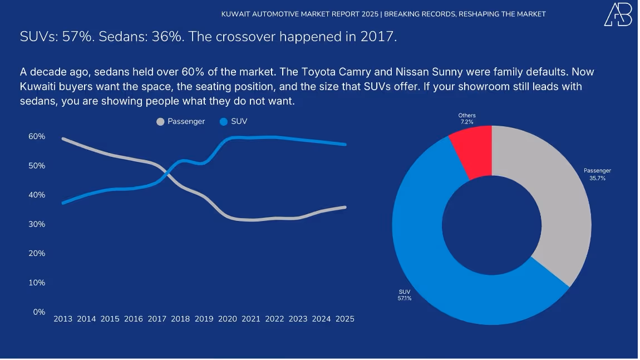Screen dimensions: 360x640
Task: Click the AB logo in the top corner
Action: point(618,14)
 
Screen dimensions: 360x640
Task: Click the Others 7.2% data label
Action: point(467,119)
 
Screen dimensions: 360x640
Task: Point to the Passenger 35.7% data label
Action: point(597,175)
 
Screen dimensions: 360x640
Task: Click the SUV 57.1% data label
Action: point(405,295)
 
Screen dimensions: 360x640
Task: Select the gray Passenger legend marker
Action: point(161,121)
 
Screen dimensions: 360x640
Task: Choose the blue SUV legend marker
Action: point(224,121)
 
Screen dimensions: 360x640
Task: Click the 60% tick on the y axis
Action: point(37,136)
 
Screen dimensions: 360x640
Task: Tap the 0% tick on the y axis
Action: point(39,312)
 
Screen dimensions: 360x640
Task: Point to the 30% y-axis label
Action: point(37,224)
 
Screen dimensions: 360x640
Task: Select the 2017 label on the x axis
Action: point(157,319)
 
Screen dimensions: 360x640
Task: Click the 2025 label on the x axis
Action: point(345,319)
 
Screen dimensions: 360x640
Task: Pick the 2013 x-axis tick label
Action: point(63,319)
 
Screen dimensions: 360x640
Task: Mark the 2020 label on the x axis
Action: point(228,319)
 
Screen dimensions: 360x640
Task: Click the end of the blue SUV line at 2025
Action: point(345,144)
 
